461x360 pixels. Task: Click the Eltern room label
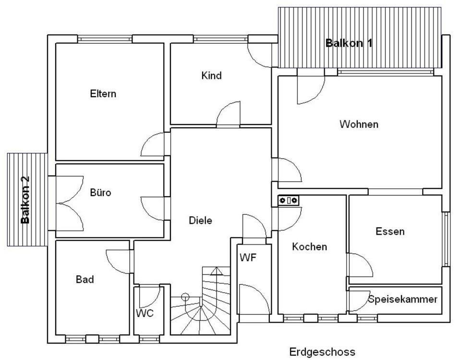pos(103,94)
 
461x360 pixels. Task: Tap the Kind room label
pos(211,75)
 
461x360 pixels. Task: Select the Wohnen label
pos(359,124)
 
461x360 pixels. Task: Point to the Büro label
pos(100,193)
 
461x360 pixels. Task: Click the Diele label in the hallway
pos(200,220)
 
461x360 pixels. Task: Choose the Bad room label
pos(85,279)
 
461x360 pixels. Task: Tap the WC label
pos(145,313)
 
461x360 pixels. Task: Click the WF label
pos(248,258)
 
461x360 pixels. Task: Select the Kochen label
pos(309,247)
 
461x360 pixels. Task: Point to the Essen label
pos(390,231)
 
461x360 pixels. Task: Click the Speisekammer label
pos(403,299)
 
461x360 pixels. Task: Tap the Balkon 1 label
pos(349,43)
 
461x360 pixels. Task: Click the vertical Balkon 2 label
pos(25,199)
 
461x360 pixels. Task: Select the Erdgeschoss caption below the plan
pos(322,352)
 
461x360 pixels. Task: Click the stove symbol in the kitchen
pos(289,200)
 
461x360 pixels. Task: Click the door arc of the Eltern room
pos(155,145)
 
